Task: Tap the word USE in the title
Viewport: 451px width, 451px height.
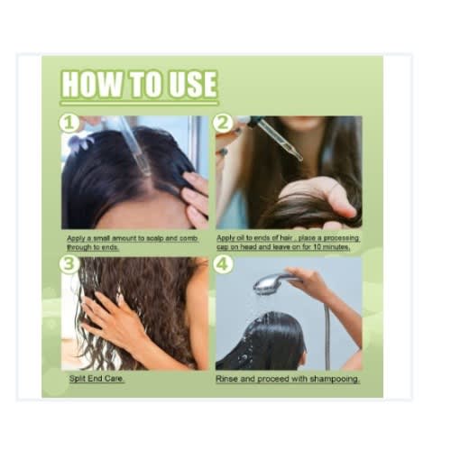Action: [193, 84]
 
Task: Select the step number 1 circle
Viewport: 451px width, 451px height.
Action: [69, 123]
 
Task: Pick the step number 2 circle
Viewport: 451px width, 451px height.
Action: [223, 123]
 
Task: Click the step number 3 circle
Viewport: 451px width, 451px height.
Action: [69, 264]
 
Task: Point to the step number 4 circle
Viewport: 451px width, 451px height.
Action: [223, 264]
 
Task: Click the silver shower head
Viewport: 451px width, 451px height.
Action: [270, 282]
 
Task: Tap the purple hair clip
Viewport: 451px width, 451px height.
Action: [80, 142]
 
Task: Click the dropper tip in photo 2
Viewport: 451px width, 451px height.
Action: [299, 158]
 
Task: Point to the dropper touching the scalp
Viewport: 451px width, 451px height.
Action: [134, 146]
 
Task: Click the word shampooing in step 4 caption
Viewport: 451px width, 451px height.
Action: [335, 379]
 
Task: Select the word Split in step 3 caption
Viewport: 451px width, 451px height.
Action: [77, 379]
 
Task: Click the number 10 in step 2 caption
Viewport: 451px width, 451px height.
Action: [317, 247]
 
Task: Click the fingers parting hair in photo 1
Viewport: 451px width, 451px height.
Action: [196, 197]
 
